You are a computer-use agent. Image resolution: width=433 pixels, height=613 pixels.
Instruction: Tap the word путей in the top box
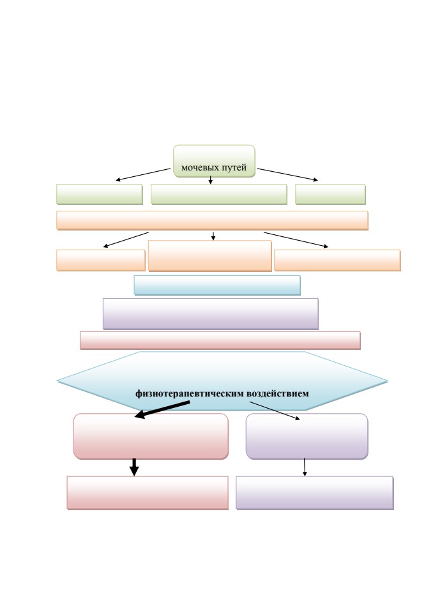click(x=234, y=168)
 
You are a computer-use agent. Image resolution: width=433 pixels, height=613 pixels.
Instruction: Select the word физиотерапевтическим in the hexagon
click(x=190, y=394)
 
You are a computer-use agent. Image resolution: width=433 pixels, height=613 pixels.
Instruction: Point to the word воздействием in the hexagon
click(x=278, y=393)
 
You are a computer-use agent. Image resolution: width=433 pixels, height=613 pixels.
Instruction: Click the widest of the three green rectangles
click(x=219, y=194)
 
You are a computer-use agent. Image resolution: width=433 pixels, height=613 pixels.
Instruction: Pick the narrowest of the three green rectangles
click(x=331, y=194)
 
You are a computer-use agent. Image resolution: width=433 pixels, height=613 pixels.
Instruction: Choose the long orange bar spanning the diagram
click(x=213, y=220)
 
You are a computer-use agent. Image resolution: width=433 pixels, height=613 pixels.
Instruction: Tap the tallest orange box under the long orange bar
click(x=210, y=256)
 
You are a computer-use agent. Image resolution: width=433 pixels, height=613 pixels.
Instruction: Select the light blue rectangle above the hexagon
click(x=217, y=285)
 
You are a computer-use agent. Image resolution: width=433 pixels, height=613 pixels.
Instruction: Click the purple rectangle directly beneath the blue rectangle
click(x=211, y=314)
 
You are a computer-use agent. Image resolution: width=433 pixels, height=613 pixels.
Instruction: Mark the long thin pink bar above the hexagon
click(x=220, y=340)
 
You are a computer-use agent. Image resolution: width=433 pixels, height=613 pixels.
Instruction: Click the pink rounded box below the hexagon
click(x=151, y=436)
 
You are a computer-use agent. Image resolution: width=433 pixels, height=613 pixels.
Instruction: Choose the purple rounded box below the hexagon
click(x=307, y=436)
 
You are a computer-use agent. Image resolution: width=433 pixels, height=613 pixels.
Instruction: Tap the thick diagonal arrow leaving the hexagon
click(x=162, y=409)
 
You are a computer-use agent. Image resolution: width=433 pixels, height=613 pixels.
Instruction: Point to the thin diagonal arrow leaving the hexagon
click(x=275, y=411)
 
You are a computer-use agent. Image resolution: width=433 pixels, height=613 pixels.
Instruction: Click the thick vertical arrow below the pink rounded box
click(x=134, y=467)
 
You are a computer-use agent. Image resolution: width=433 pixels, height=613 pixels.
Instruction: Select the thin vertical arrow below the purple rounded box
click(x=305, y=467)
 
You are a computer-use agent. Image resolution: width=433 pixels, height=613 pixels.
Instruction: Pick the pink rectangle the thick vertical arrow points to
click(x=148, y=492)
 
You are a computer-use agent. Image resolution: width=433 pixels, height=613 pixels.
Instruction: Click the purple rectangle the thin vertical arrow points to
click(x=315, y=492)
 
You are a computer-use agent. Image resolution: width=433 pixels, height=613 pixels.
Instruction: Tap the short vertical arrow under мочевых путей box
click(x=211, y=180)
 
